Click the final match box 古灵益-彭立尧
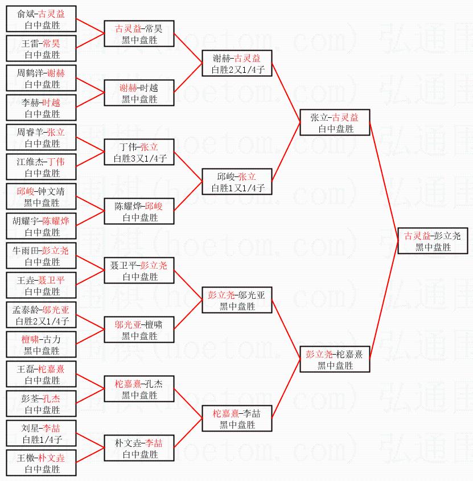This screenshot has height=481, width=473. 433,241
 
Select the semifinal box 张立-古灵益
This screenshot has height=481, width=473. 335,123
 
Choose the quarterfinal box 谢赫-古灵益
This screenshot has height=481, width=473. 237,64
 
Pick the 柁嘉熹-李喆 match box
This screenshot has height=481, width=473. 237,419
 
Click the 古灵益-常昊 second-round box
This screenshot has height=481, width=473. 139,34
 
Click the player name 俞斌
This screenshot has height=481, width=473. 25,14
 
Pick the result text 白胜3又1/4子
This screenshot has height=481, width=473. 139,159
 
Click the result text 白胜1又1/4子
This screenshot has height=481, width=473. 237,188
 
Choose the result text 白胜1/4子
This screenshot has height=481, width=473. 42,440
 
